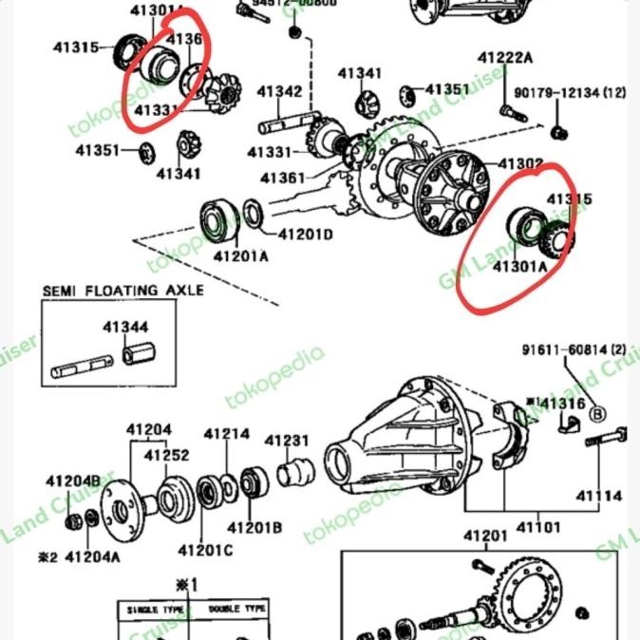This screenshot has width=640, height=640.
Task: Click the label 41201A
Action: point(240,256)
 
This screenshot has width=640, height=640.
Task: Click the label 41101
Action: point(538,527)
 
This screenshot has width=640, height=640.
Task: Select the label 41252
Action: point(168,455)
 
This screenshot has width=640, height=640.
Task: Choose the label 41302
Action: point(520,163)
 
